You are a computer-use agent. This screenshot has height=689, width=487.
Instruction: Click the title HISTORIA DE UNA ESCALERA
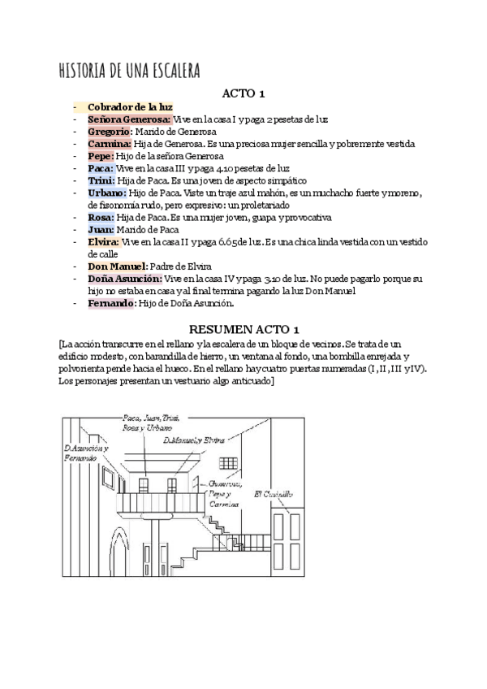tap(130, 70)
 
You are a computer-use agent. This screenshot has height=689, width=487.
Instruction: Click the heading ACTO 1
tap(244, 93)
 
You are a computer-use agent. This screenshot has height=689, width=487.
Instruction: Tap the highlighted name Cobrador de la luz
tap(130, 106)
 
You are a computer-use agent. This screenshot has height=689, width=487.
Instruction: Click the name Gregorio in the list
tap(110, 131)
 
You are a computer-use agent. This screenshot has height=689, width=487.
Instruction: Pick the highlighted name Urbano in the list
tap(106, 193)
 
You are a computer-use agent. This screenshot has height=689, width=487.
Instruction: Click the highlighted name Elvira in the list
tap(103, 242)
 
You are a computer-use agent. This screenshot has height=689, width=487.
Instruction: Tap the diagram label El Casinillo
tap(274, 493)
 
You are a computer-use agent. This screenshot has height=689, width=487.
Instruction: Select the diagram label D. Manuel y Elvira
tap(193, 440)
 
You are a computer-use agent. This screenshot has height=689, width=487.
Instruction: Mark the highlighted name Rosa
tap(101, 218)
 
